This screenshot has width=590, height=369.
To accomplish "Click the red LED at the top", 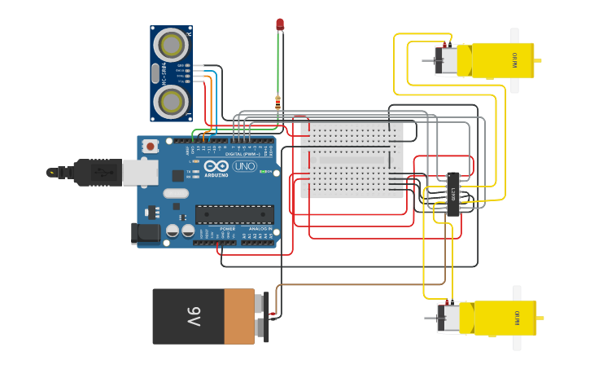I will [x=280, y=24].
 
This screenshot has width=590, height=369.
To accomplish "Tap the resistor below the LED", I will [x=278, y=103].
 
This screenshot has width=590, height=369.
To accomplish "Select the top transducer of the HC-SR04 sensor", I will [x=173, y=42].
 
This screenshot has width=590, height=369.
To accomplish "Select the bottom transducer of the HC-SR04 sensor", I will [x=173, y=102].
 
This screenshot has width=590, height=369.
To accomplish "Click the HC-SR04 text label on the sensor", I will [x=164, y=72].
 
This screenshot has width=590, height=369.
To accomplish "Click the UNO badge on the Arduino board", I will [x=244, y=166].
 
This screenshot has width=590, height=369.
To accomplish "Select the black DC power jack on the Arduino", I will [x=146, y=233].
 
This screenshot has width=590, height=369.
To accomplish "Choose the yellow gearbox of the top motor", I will [x=495, y=60].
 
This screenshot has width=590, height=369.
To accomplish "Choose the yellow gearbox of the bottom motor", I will [x=505, y=318].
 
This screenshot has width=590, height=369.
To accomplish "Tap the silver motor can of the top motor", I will [x=447, y=61].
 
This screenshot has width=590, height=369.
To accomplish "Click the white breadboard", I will [x=352, y=160].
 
